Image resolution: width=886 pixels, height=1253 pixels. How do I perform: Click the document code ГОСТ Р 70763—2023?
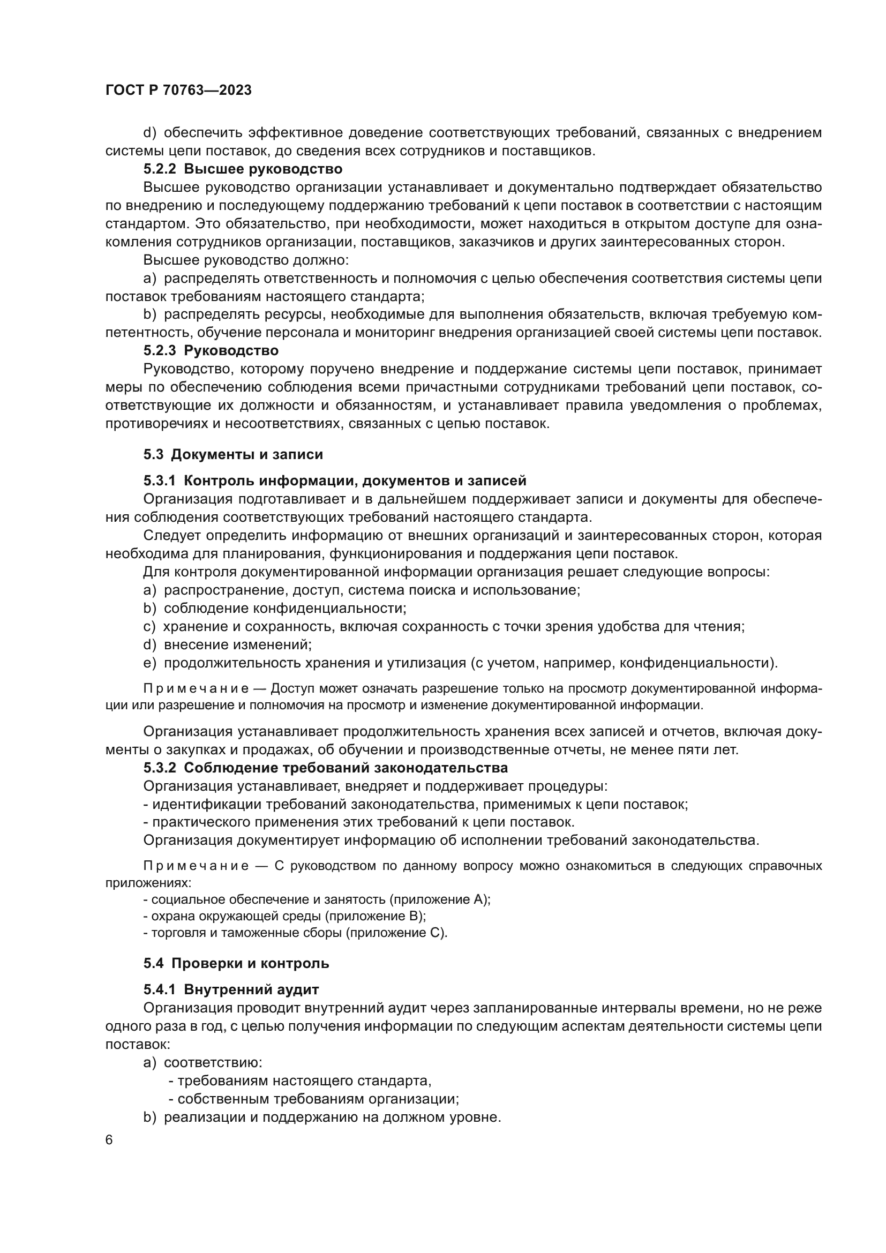coord(178,91)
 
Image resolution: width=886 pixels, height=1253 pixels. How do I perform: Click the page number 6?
coord(109,1140)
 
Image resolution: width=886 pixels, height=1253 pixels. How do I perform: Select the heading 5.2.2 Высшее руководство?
coord(243,169)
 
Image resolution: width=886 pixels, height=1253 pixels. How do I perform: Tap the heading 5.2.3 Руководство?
coord(211,350)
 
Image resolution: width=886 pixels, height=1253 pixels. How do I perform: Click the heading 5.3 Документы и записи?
coord(233,454)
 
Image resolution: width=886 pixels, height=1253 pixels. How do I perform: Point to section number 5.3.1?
coord(159,481)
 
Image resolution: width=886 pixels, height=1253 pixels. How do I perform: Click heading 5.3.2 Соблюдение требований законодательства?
coord(325,768)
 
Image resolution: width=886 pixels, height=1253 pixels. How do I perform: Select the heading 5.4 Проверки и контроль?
coord(236,963)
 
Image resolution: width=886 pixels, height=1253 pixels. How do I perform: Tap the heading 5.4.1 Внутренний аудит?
coord(231,989)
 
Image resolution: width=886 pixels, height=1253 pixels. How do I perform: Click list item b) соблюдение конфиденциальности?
coord(275,608)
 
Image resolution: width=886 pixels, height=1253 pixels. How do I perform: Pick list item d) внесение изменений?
coord(228,644)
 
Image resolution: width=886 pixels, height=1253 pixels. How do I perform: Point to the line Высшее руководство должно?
coord(246,260)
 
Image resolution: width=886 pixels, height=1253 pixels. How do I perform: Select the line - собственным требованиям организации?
coord(314,1099)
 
